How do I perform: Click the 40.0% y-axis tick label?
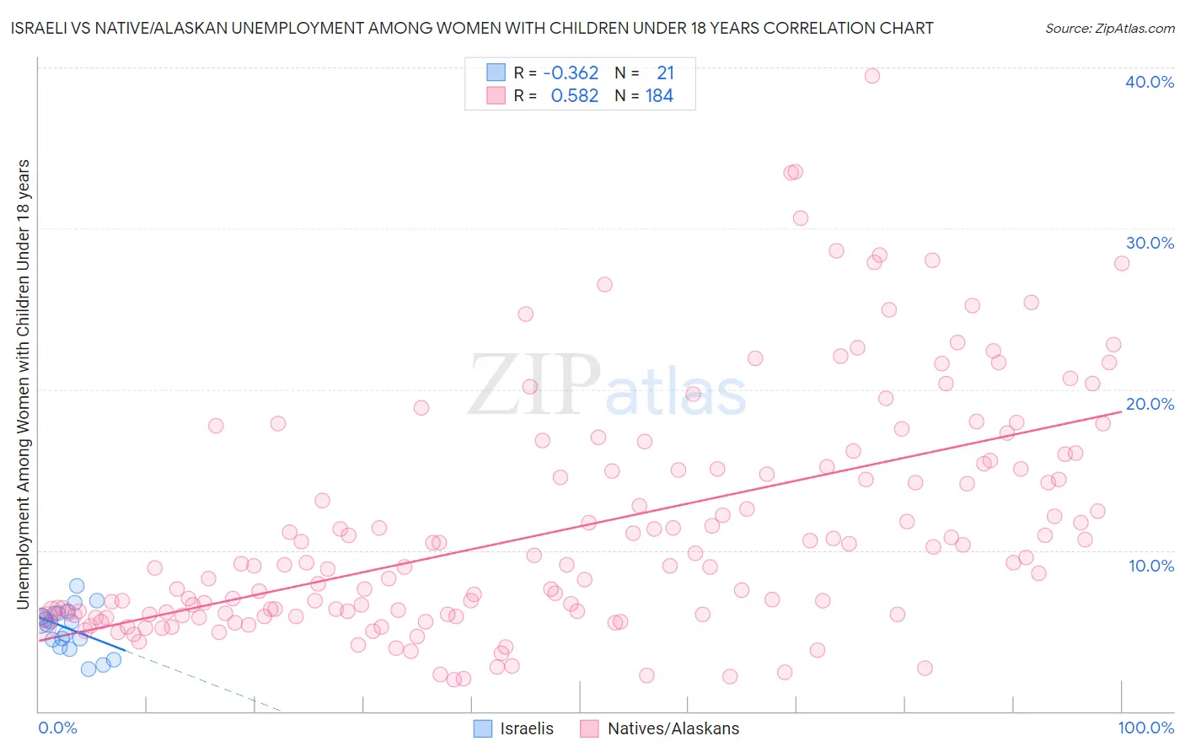(1150, 82)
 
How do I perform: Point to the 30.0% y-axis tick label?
(1150, 243)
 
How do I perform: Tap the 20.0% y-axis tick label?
(1150, 404)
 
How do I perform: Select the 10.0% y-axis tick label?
(1151, 566)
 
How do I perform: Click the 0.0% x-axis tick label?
(57, 728)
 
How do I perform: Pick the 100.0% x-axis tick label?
(1145, 728)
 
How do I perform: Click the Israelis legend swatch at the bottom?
(483, 728)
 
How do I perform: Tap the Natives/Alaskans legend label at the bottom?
(673, 728)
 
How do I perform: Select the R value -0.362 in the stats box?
(571, 73)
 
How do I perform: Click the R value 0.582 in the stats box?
(574, 96)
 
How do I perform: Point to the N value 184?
(659, 96)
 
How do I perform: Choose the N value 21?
(665, 73)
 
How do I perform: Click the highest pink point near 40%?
(872, 76)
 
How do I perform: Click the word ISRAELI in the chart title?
(42, 28)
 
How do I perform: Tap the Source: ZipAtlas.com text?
(1109, 28)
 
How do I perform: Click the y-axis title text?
(23, 384)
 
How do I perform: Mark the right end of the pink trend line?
(1122, 411)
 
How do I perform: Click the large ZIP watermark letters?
(534, 384)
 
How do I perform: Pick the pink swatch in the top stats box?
(496, 96)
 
